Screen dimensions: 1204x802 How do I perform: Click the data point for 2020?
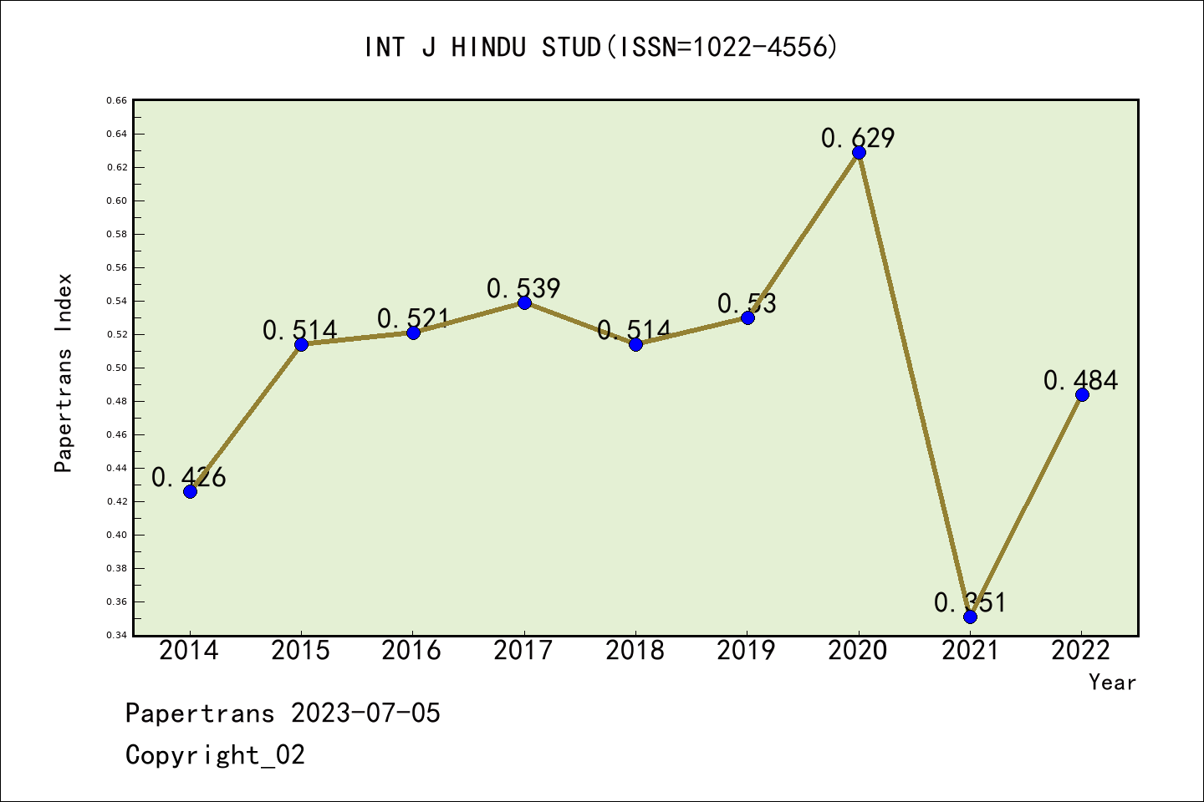point(859,153)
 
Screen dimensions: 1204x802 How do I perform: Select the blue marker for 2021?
point(970,617)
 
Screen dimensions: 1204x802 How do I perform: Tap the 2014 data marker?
point(191,491)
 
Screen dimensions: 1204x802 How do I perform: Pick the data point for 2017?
point(524,303)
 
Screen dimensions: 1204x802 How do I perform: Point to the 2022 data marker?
point(1082,395)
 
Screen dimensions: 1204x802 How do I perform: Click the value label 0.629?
point(858,138)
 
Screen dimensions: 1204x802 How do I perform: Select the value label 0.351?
point(970,602)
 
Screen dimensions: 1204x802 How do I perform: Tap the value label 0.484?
point(1081,380)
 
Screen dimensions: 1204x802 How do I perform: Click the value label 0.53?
point(747,303)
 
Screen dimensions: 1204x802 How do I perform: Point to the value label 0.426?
point(189,477)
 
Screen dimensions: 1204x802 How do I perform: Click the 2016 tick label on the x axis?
point(411,651)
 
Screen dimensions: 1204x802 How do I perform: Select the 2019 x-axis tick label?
point(746,651)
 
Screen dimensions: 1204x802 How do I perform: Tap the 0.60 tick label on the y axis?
point(117,200)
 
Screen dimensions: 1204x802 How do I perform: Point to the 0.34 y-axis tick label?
point(117,635)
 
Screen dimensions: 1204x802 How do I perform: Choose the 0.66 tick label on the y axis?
point(117,100)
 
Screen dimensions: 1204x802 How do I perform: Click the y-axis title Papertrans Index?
point(64,373)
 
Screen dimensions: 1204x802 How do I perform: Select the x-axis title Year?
point(1113,683)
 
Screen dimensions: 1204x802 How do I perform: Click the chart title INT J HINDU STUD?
point(482,48)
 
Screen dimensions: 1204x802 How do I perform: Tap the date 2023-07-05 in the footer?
point(365,713)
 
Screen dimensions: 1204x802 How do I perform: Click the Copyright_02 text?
point(215,755)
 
